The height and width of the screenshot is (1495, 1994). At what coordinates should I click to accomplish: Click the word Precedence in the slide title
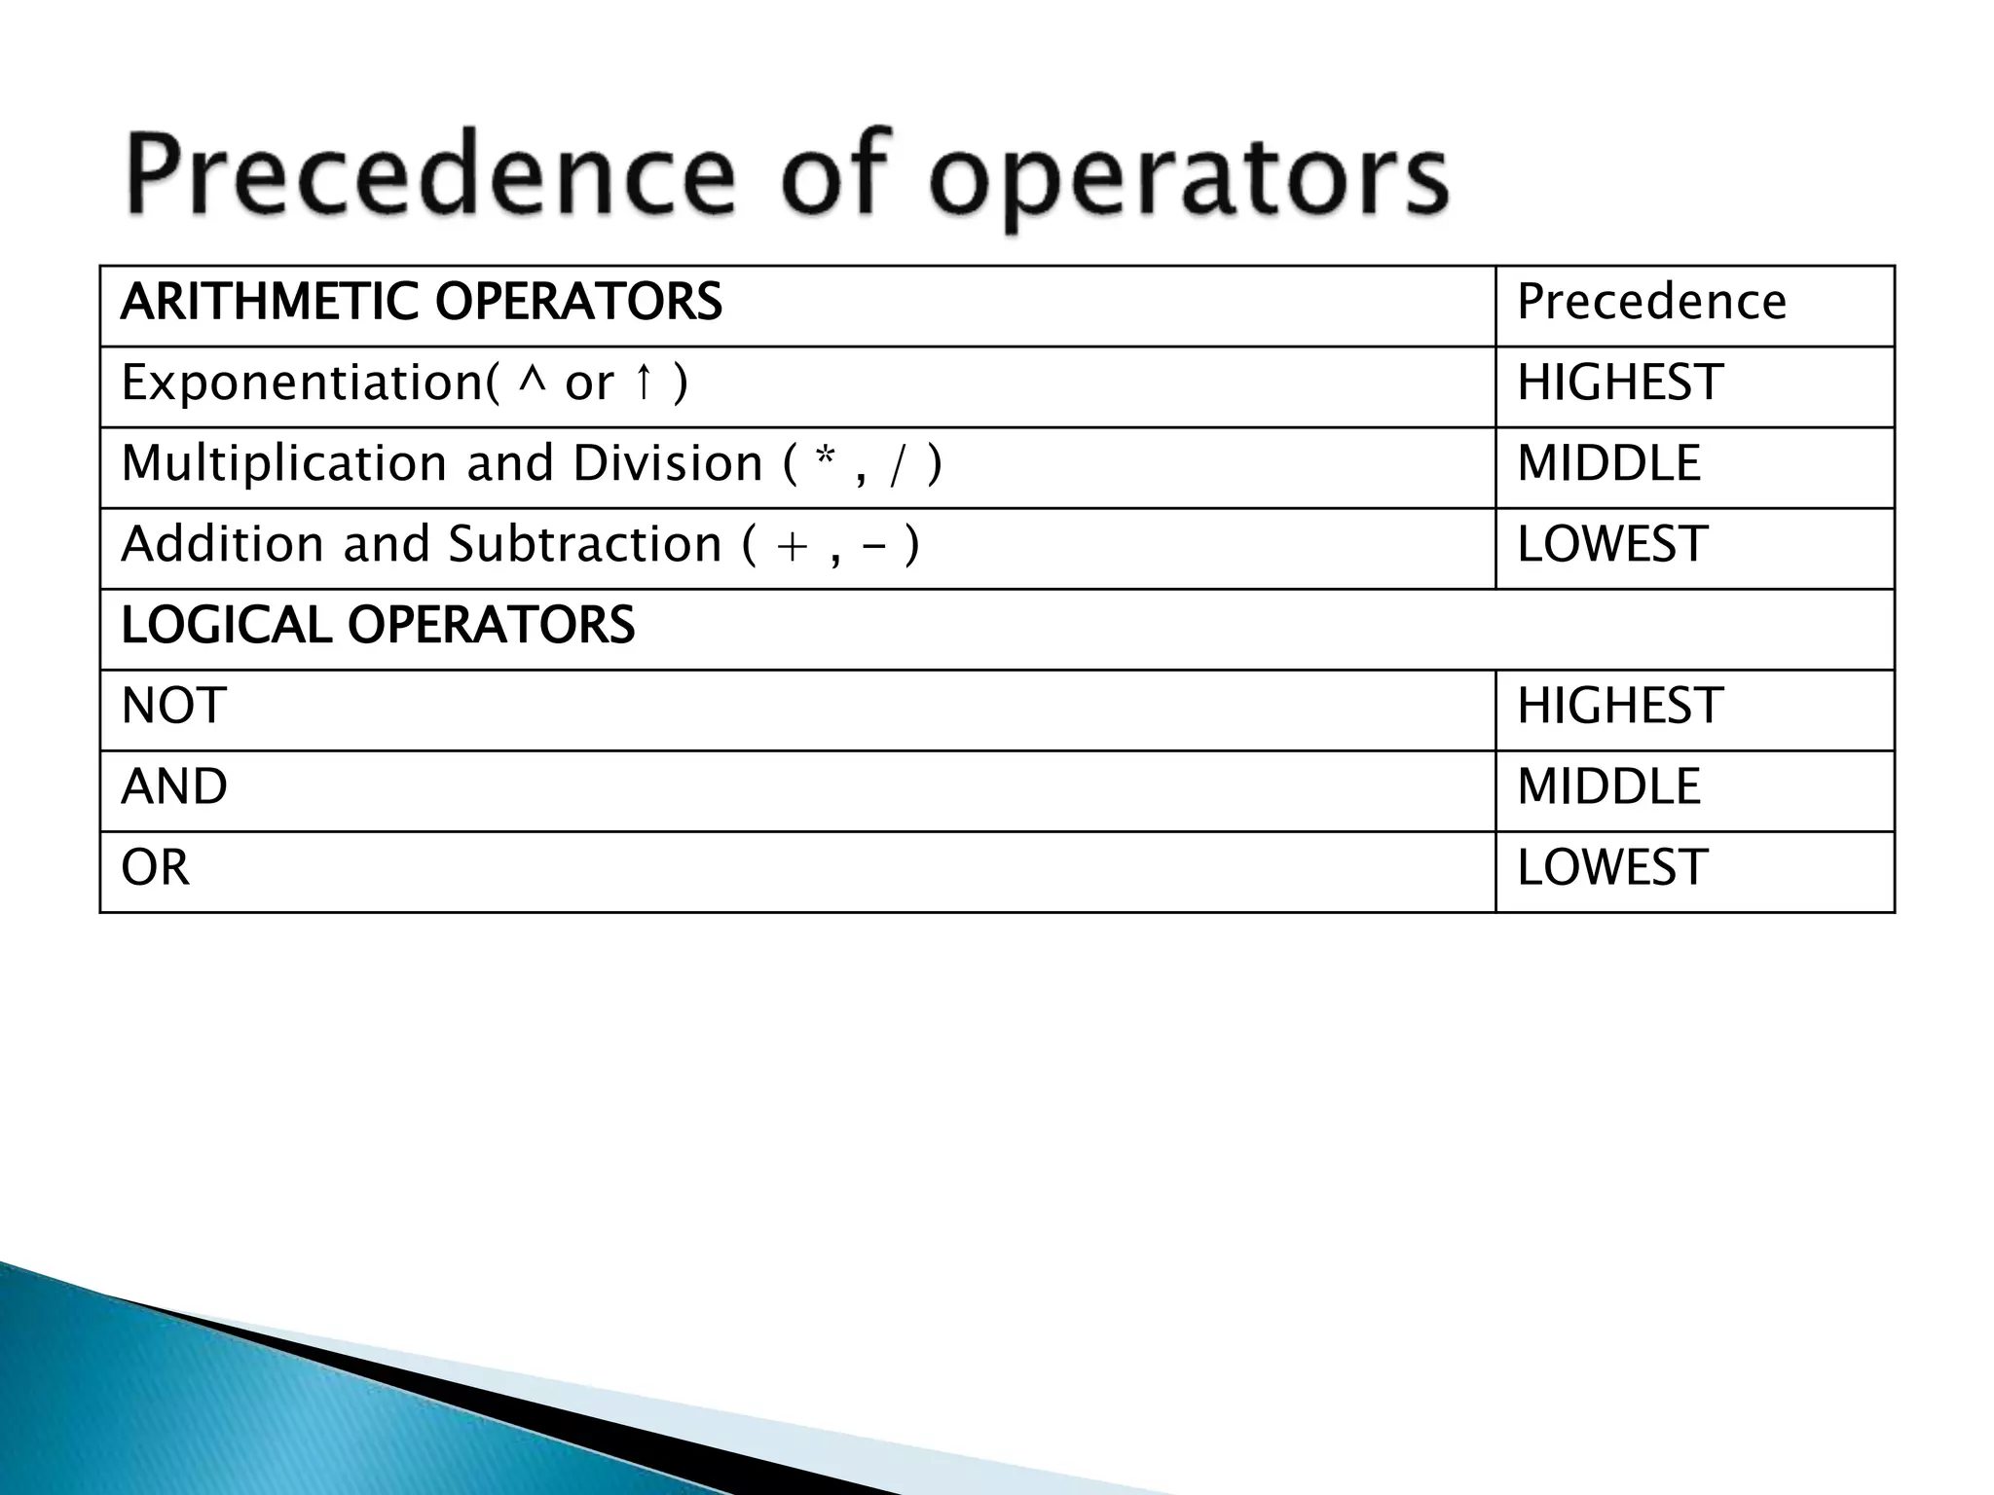[429, 176]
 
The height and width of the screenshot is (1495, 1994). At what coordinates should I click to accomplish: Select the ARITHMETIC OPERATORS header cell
[421, 302]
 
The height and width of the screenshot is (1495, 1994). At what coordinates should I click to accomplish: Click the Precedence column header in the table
[1651, 302]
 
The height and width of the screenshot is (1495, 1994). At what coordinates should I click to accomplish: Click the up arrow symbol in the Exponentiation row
[642, 383]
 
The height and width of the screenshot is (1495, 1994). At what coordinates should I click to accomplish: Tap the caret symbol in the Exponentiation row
[532, 381]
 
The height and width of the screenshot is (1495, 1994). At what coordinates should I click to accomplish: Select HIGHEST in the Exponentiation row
[1620, 383]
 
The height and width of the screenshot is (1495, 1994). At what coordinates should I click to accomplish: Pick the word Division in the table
[668, 463]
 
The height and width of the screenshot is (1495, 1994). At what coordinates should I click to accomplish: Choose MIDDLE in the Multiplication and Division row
[1608, 463]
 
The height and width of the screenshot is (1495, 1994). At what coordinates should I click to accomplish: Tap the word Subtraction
[584, 544]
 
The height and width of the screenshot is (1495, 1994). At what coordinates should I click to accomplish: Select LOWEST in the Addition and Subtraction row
[1611, 544]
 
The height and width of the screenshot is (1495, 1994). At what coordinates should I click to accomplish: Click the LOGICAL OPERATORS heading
[378, 625]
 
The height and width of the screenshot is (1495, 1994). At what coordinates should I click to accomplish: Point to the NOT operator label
[173, 706]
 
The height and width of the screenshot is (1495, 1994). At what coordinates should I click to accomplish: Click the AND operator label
[174, 786]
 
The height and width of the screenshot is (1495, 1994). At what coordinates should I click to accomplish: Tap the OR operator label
[155, 867]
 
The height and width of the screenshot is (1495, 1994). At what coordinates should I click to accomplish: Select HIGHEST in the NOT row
[1620, 706]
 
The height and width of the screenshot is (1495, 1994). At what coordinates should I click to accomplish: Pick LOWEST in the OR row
[1611, 867]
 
